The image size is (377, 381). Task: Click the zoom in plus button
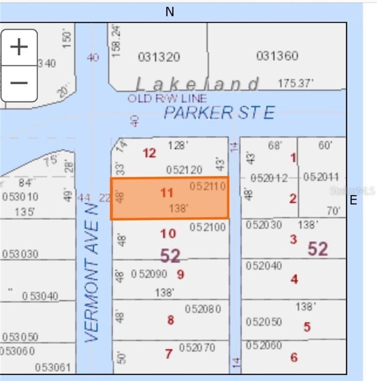(19, 47)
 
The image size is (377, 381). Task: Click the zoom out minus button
(19, 82)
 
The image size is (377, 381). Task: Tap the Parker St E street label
(219, 113)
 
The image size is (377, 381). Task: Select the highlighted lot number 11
(167, 192)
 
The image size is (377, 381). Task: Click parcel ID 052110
(208, 186)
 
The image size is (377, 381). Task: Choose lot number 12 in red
(150, 153)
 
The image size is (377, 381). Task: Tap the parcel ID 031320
(159, 57)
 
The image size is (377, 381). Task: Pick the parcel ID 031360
(277, 56)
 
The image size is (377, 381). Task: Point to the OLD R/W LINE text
(167, 98)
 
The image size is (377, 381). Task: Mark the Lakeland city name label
(197, 84)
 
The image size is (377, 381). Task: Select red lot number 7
(169, 354)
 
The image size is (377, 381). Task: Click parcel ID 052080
(203, 309)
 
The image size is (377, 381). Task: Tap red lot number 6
(294, 357)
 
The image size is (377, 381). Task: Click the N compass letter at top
(170, 12)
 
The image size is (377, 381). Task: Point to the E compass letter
(354, 200)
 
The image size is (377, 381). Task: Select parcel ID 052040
(264, 266)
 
